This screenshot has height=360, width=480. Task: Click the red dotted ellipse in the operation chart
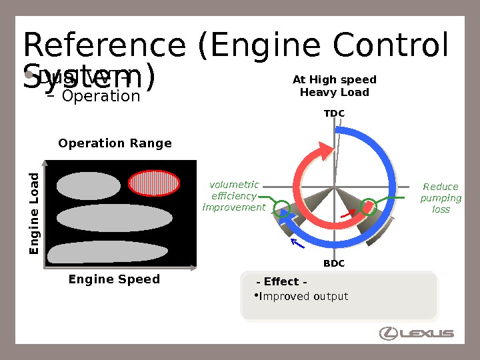154,183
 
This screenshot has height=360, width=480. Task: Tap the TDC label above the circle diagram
334,113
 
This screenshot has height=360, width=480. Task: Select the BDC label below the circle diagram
334,263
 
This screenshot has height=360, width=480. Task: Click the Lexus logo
417,333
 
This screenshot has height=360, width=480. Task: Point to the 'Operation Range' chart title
115,143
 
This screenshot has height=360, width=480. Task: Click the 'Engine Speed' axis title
114,279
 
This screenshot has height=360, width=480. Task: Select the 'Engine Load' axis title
33,213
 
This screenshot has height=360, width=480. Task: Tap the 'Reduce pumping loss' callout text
441,198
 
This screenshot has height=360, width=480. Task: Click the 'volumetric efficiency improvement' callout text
234,196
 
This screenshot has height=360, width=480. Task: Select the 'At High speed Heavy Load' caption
334,86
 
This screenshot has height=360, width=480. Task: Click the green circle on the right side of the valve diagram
369,207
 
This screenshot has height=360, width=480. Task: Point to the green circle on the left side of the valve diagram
282,209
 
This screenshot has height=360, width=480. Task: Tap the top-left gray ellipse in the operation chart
88,186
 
